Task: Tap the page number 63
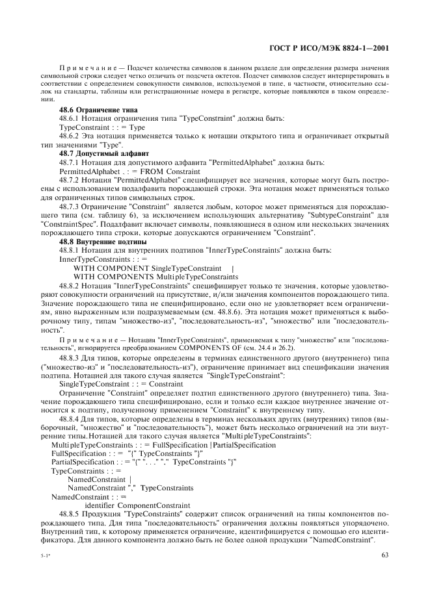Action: (384, 554)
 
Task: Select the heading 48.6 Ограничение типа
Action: (89, 110)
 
